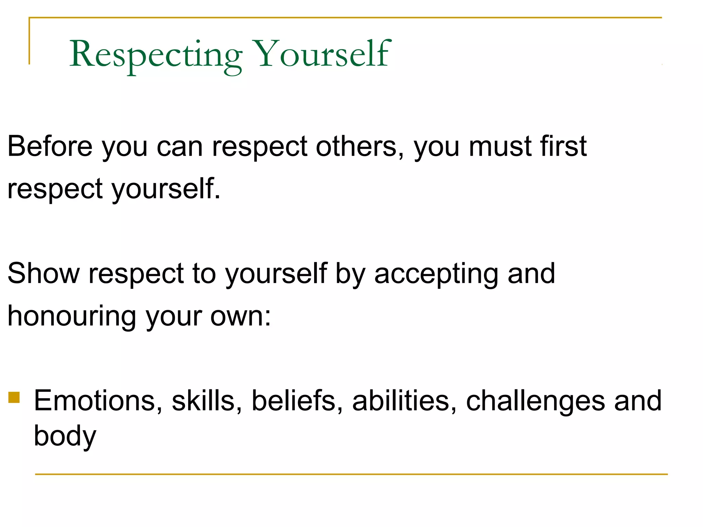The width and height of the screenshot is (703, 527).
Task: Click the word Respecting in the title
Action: (x=156, y=54)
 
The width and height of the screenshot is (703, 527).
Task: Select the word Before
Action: (x=50, y=147)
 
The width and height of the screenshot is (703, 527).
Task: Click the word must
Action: (x=500, y=147)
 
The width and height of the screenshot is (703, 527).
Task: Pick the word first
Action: (x=563, y=147)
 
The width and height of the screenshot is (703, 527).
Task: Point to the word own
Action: (x=241, y=316)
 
